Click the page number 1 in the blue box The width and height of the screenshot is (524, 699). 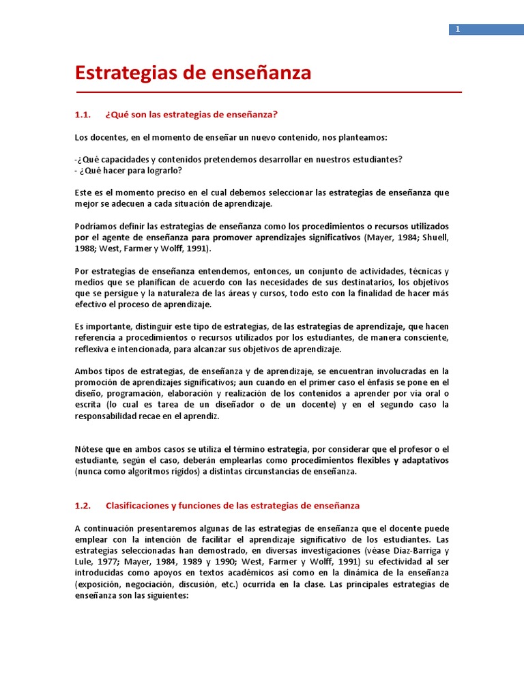(x=458, y=29)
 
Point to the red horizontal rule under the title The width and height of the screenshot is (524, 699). (x=267, y=91)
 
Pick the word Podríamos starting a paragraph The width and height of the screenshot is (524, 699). (x=94, y=227)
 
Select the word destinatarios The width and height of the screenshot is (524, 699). (x=366, y=283)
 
